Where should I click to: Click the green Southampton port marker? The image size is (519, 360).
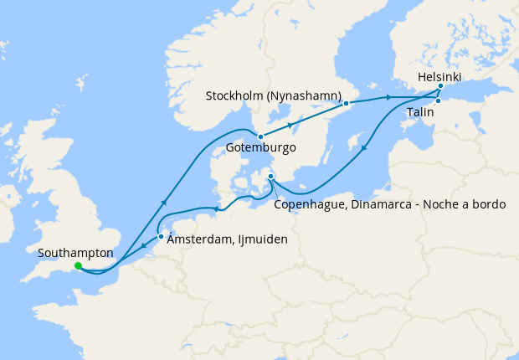pyautogui.click(x=78, y=266)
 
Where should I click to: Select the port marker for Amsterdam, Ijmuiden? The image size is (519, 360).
pyautogui.click(x=161, y=236)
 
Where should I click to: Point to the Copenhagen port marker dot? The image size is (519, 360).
pyautogui.click(x=270, y=176)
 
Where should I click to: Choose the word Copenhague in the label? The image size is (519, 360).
pyautogui.click(x=309, y=204)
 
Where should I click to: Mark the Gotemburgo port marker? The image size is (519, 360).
pyautogui.click(x=260, y=136)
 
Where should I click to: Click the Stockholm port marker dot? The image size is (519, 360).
pyautogui.click(x=346, y=103)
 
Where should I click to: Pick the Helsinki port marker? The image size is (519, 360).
pyautogui.click(x=440, y=85)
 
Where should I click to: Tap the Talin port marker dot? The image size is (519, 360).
pyautogui.click(x=438, y=101)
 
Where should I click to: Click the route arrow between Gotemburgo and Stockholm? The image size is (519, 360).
pyautogui.click(x=291, y=125)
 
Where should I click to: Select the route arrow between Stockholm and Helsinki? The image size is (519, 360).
pyautogui.click(x=389, y=98)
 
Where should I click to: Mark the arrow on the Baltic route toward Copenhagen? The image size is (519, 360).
pyautogui.click(x=365, y=150)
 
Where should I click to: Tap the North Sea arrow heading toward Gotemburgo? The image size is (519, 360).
pyautogui.click(x=164, y=202)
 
